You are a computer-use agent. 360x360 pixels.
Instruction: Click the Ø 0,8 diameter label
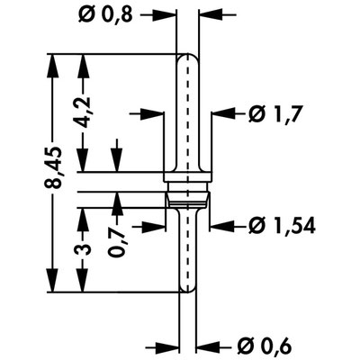tap(105, 14)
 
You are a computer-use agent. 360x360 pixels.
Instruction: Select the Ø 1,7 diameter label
tap(274, 114)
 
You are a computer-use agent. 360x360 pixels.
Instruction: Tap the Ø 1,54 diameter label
tap(282, 226)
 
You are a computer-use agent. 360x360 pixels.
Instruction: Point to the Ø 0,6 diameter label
tap(265, 347)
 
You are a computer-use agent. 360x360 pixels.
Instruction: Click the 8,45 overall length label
tap(54, 167)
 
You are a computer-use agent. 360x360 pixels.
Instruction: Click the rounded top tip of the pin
tap(187, 55)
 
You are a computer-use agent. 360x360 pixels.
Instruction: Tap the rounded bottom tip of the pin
tap(187, 291)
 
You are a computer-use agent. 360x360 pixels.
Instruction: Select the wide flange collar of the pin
tap(187, 177)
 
